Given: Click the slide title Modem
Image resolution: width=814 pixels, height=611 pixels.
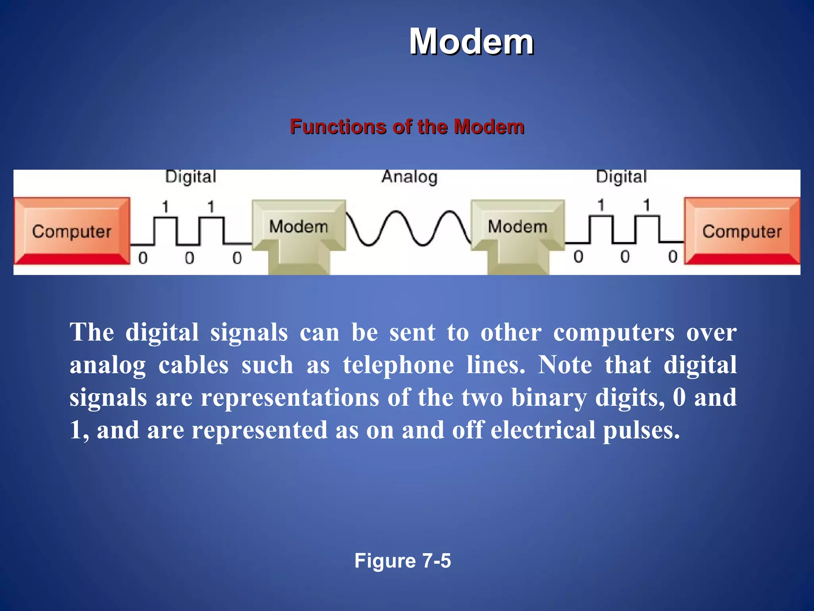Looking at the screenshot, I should pyautogui.click(x=471, y=42).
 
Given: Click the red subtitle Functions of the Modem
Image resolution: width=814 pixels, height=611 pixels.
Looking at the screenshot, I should pyautogui.click(x=407, y=127).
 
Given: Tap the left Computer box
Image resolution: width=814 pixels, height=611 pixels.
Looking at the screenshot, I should pyautogui.click(x=72, y=231).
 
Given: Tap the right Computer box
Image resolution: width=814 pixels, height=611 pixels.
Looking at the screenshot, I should pyautogui.click(x=742, y=231).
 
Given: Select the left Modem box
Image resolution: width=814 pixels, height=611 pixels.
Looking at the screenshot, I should pyautogui.click(x=298, y=227).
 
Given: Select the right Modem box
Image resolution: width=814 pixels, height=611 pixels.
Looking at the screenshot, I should pyautogui.click(x=517, y=227).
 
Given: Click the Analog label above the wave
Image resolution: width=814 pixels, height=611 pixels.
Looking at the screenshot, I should pyautogui.click(x=409, y=177).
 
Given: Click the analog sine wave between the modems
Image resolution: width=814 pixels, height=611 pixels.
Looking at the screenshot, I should pyautogui.click(x=408, y=229).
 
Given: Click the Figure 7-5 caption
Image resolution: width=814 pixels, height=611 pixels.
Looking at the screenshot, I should pyautogui.click(x=403, y=560).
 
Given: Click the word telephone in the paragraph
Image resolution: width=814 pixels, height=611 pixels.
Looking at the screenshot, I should pyautogui.click(x=398, y=365).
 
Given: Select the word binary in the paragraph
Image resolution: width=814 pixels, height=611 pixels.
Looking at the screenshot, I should pyautogui.click(x=548, y=397).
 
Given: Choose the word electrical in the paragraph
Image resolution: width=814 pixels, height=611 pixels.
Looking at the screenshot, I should pyautogui.click(x=543, y=430).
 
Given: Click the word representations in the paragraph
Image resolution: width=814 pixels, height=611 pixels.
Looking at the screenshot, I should pyautogui.click(x=290, y=397).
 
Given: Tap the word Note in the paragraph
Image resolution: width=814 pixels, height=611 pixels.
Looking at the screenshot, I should pyautogui.click(x=565, y=365).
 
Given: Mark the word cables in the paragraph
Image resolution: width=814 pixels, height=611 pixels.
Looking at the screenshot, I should pyautogui.click(x=194, y=365).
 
